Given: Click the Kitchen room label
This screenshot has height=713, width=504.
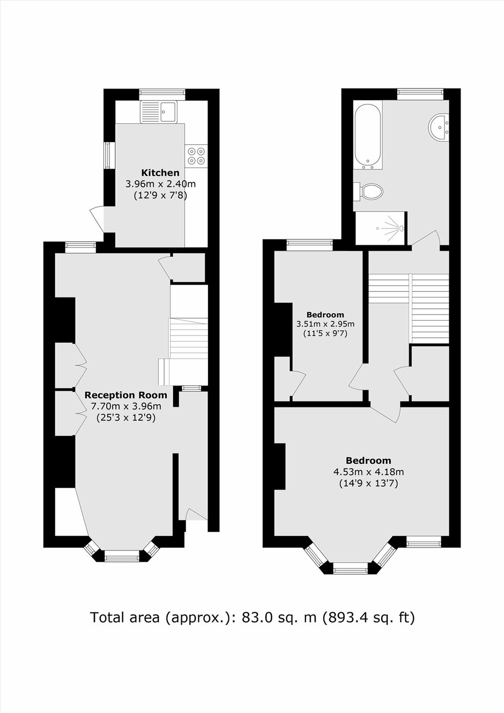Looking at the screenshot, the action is click(160, 173).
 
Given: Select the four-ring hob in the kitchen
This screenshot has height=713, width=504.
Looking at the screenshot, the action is click(197, 155).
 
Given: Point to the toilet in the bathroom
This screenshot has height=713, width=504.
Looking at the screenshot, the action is click(369, 191).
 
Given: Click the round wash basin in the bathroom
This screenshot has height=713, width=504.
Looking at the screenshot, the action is click(439, 127).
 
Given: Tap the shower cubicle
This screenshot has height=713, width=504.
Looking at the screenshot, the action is click(381, 228).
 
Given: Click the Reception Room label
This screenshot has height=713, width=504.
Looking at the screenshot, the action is click(126, 395).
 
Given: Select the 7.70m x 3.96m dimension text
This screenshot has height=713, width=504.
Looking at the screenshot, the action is click(126, 406).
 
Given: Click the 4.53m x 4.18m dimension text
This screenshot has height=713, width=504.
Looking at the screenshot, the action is click(368, 472).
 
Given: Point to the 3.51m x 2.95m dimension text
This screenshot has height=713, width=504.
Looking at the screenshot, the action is click(325, 324).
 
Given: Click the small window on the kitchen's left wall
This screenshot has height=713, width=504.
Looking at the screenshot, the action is click(110, 155).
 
